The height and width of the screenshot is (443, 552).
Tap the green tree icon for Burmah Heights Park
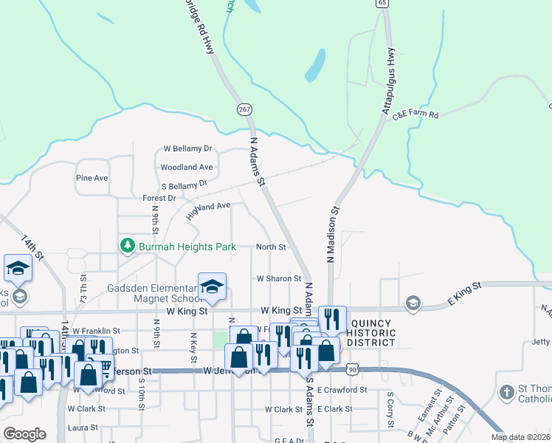click(x=128, y=244)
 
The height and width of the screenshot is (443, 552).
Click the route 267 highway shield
click(x=245, y=109)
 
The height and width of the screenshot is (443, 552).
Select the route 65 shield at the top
click(x=382, y=3)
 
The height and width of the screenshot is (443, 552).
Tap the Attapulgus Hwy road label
click(x=389, y=81)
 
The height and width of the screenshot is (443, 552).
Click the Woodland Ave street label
click(x=187, y=168)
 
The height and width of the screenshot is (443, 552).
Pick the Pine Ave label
click(x=92, y=178)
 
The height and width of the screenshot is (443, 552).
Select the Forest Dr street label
click(x=159, y=198)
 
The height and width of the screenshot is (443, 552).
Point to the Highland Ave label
click(x=208, y=211)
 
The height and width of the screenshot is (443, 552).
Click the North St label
click(x=271, y=247)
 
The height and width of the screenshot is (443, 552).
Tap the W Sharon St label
click(x=279, y=278)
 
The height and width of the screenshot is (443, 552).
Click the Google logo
click(x=24, y=434)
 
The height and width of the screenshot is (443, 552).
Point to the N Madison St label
click(x=332, y=236)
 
